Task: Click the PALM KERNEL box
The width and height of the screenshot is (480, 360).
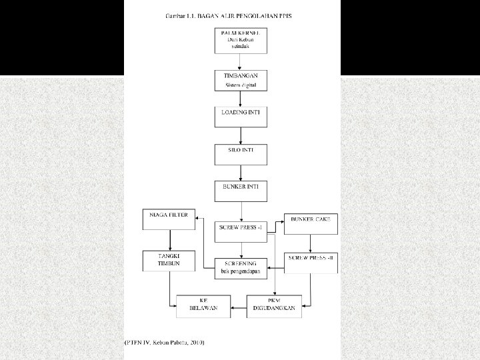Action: pos(241,41)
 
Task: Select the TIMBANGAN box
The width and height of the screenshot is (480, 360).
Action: pos(241,81)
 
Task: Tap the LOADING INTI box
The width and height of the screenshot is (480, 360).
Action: pos(241,117)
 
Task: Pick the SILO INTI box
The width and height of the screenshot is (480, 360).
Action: pos(241,155)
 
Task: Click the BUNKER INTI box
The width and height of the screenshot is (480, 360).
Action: pos(241,191)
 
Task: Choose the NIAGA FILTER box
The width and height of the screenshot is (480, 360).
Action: pos(169,220)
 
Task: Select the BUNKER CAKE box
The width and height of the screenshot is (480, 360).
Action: pos(311,224)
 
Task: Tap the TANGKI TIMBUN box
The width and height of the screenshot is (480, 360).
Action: pos(169,261)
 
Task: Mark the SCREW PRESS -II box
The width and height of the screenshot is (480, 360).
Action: pos(311,261)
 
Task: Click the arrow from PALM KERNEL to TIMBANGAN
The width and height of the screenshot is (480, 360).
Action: pos(241,61)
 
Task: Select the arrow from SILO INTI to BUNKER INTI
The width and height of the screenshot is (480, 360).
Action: pos(241,173)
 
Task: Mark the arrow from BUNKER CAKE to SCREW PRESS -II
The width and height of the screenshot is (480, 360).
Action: pos(311,243)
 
